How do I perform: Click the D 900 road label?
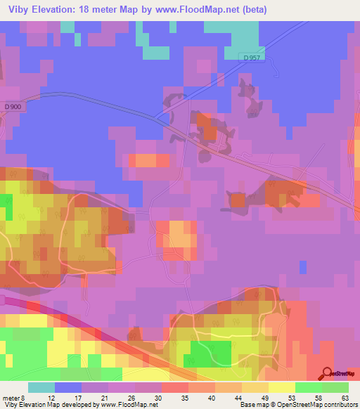tap(13, 107)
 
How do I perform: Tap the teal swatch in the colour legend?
tap(41, 388)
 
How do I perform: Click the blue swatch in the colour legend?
tap(68, 388)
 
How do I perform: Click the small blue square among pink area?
tap(303, 267)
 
